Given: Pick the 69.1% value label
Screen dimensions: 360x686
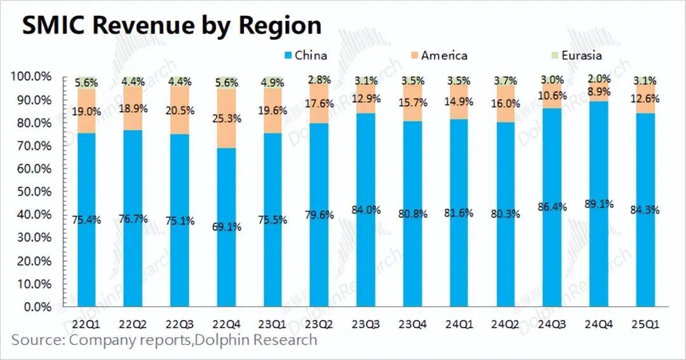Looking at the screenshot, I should (226, 227).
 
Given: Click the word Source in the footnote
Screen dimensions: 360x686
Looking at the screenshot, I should (36, 340).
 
